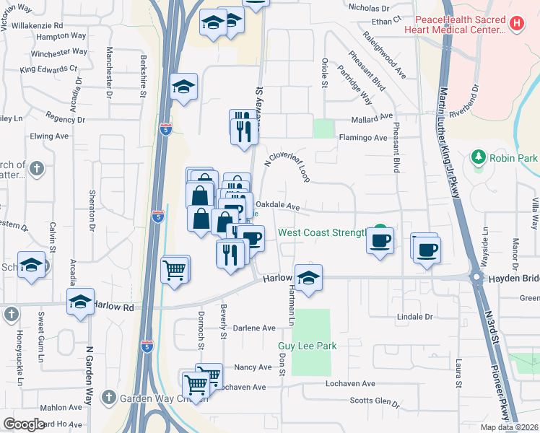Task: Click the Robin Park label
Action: [513, 157]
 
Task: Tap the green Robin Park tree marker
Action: [477, 157]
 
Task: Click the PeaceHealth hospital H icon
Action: [516, 22]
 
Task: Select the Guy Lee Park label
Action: [308, 346]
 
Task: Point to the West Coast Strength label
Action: [323, 233]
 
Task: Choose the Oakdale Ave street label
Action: [278, 206]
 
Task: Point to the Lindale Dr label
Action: [415, 316]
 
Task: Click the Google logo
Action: [24, 424]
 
